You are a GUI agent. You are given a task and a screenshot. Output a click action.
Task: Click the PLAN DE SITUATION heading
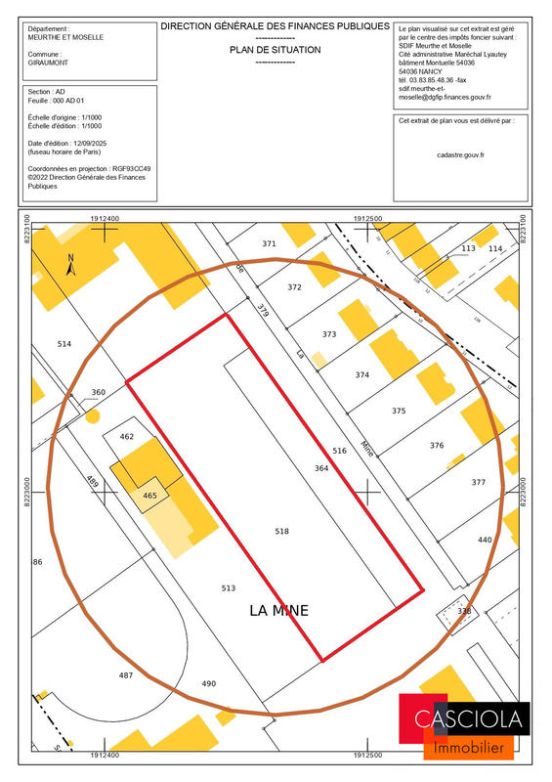(x=275, y=47)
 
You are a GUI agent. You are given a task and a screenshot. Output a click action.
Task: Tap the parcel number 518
(x=282, y=531)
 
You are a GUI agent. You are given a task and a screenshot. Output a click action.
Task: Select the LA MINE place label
(x=278, y=611)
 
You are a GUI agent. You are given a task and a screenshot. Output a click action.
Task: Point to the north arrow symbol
(x=70, y=265)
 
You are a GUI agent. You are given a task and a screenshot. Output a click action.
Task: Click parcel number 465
(x=149, y=496)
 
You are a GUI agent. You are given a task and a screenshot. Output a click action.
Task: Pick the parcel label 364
(x=321, y=468)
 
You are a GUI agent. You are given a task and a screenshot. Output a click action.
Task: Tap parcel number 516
(x=339, y=451)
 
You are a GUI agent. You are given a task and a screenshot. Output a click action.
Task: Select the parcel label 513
(x=229, y=587)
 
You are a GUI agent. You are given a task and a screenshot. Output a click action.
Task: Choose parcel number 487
(x=126, y=675)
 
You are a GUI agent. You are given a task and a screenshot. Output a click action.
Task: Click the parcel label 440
(x=485, y=539)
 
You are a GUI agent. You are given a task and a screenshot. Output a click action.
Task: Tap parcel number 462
(x=126, y=436)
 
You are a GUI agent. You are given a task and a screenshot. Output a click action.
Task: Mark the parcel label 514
(x=64, y=344)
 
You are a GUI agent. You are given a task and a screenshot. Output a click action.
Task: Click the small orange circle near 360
(x=92, y=415)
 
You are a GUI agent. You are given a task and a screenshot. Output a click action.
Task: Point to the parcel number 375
(x=398, y=411)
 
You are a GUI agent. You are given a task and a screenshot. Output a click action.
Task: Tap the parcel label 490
(x=208, y=683)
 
